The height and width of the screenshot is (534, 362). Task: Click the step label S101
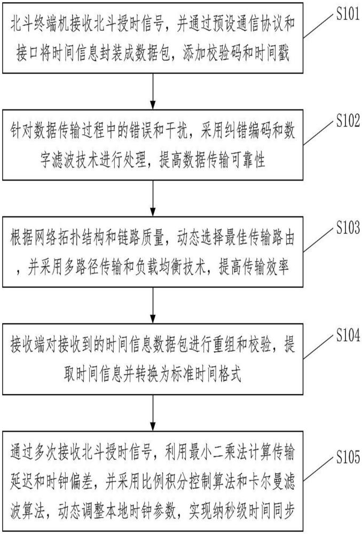[x=348, y=14]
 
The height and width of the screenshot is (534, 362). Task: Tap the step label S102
[x=348, y=121]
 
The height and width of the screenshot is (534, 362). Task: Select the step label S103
[x=348, y=227]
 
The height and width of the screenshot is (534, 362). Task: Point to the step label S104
[x=348, y=335]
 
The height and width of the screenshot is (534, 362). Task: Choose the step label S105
[x=348, y=457]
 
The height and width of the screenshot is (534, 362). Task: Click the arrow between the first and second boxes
[x=153, y=91]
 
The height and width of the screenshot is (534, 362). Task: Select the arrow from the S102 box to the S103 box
[x=153, y=198]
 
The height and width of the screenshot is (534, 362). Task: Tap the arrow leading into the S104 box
[x=153, y=305]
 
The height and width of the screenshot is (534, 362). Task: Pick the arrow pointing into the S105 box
[x=153, y=413]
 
